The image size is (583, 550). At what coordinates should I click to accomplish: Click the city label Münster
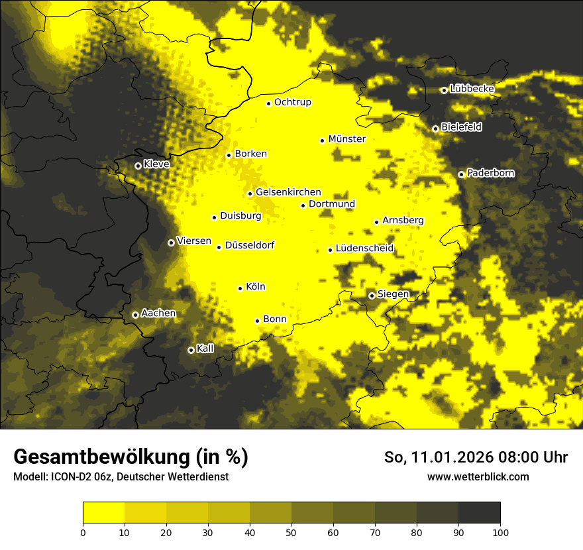click(347, 139)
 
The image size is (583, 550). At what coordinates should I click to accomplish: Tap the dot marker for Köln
click(240, 288)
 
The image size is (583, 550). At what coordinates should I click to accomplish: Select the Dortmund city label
click(332, 204)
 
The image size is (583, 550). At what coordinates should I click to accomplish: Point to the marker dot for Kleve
click(138, 166)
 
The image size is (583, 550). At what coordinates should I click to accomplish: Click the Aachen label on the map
click(158, 313)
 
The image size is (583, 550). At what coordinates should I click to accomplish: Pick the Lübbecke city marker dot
click(444, 90)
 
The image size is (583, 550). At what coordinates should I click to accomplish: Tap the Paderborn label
click(491, 173)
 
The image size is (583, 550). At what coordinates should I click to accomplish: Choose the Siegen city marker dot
click(372, 296)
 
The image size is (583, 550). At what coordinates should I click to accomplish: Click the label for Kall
click(205, 349)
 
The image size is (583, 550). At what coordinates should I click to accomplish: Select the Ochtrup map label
click(293, 102)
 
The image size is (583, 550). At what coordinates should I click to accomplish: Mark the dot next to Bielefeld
click(435, 129)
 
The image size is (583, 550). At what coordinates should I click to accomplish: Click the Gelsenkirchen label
click(288, 192)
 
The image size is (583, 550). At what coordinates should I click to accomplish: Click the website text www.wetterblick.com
click(478, 476)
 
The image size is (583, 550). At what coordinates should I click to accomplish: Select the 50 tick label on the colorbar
click(291, 531)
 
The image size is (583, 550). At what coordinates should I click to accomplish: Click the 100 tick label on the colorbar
click(500, 531)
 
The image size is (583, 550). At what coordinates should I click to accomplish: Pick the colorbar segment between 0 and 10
click(103, 512)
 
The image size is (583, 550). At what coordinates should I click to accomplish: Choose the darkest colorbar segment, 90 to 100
click(479, 512)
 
